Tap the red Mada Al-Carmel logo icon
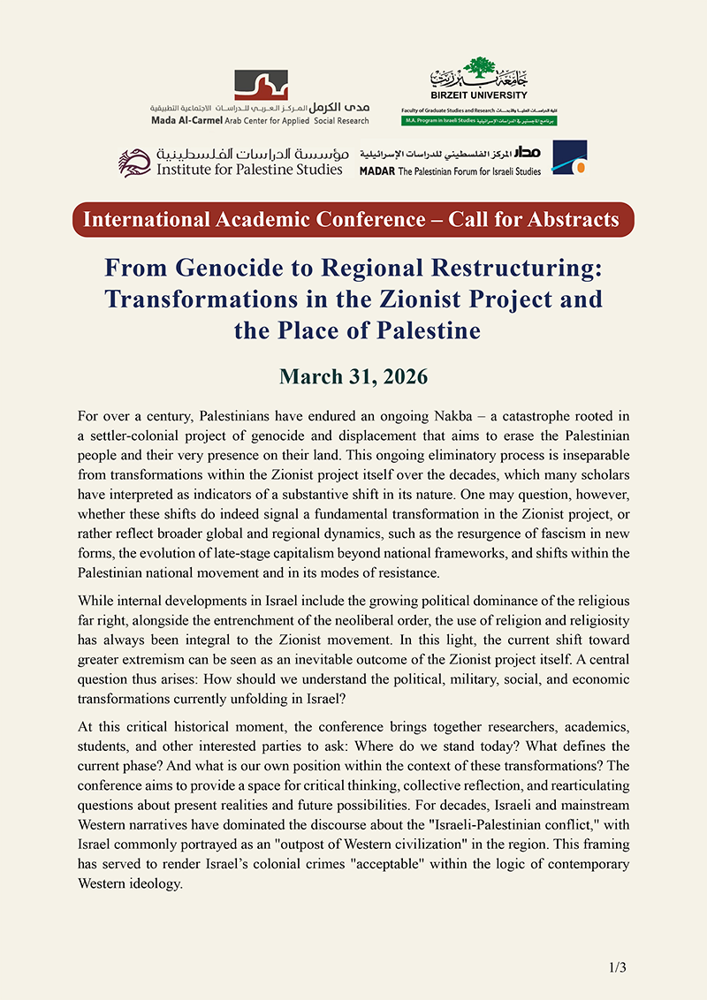(261, 86)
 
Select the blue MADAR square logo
(569, 157)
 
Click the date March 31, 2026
(353, 377)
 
